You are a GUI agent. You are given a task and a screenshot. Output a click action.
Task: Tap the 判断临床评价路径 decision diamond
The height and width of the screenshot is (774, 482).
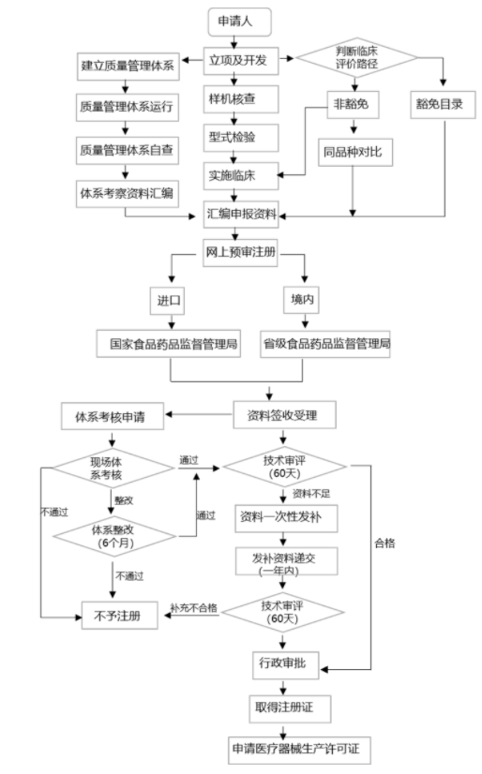click(x=357, y=59)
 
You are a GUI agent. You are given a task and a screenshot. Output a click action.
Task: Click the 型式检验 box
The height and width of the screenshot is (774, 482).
click(x=232, y=138)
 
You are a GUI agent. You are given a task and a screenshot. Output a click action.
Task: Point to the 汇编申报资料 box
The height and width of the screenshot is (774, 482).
click(x=242, y=214)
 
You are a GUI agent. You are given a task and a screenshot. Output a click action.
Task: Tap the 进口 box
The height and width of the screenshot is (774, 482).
click(x=170, y=301)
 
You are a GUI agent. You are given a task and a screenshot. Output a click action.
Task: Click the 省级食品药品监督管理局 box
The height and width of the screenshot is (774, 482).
click(x=325, y=344)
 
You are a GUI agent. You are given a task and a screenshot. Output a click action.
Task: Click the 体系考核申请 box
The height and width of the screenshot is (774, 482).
click(x=113, y=414)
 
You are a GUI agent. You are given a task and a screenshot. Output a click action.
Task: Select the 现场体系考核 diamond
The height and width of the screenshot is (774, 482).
click(x=114, y=469)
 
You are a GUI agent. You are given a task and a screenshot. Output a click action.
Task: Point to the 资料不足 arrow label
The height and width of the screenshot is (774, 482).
click(x=311, y=493)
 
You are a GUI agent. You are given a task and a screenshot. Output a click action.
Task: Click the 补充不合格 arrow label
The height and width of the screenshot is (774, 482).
click(x=194, y=608)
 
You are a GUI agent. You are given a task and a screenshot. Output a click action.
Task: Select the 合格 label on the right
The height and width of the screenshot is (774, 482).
click(x=385, y=542)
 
